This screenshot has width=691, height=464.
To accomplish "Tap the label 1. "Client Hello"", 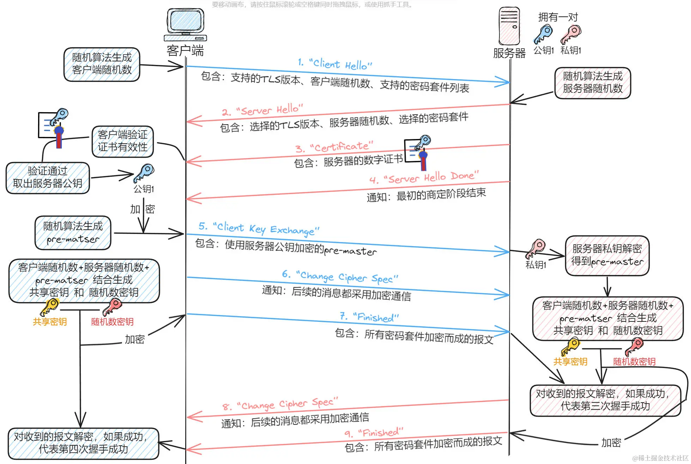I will [x=335, y=64].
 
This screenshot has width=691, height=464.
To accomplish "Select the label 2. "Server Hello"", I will [x=262, y=110].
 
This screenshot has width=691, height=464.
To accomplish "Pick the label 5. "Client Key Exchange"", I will [x=259, y=228].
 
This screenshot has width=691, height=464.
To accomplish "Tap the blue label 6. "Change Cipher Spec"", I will [x=340, y=277].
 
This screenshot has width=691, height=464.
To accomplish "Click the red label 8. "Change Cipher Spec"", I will [x=280, y=404].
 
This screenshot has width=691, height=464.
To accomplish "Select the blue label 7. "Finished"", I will [x=369, y=317].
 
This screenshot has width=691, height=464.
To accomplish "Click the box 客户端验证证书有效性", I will [x=122, y=141].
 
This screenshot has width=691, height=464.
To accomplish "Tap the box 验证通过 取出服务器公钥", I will [x=48, y=177].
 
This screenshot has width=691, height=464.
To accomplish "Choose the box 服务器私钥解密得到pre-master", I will [x=607, y=255].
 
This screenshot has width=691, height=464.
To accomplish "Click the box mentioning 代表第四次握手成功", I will [x=83, y=443].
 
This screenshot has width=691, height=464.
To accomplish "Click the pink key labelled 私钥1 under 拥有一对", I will [x=571, y=34].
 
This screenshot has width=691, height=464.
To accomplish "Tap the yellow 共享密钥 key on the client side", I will [x=49, y=307].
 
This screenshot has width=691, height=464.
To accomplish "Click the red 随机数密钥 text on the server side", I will [x=634, y=362].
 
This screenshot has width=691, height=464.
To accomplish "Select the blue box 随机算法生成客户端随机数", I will [x=102, y=64].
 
